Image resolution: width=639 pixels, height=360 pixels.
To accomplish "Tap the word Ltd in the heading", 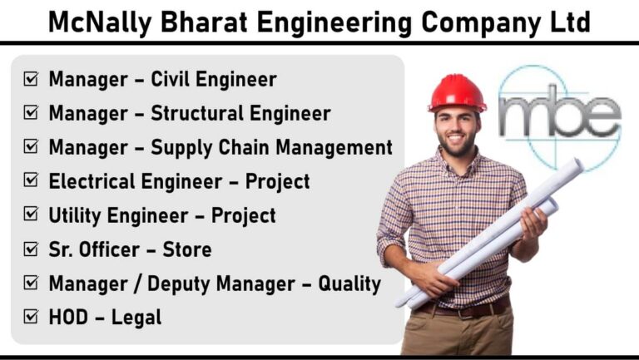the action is tap(571, 22).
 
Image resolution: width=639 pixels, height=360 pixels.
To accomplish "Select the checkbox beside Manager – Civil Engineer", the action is tap(31, 79).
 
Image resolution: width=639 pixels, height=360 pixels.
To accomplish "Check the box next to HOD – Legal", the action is tap(31, 317).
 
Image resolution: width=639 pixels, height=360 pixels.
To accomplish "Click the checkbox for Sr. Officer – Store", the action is tap(31, 249).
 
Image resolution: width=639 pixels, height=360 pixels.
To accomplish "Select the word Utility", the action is tap(75, 216).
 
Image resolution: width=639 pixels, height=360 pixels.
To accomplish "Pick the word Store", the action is tap(187, 249).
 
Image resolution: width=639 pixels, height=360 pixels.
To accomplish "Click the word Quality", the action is tap(349, 284).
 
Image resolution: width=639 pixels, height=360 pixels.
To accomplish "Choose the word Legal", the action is tap(136, 318).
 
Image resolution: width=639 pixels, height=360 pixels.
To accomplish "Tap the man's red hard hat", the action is tap(458, 93).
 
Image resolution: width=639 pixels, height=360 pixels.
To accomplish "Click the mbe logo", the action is tap(560, 117).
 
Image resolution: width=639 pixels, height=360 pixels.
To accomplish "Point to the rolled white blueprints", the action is tap(489, 234).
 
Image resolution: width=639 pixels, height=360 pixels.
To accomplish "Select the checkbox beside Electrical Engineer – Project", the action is tap(31, 180).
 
